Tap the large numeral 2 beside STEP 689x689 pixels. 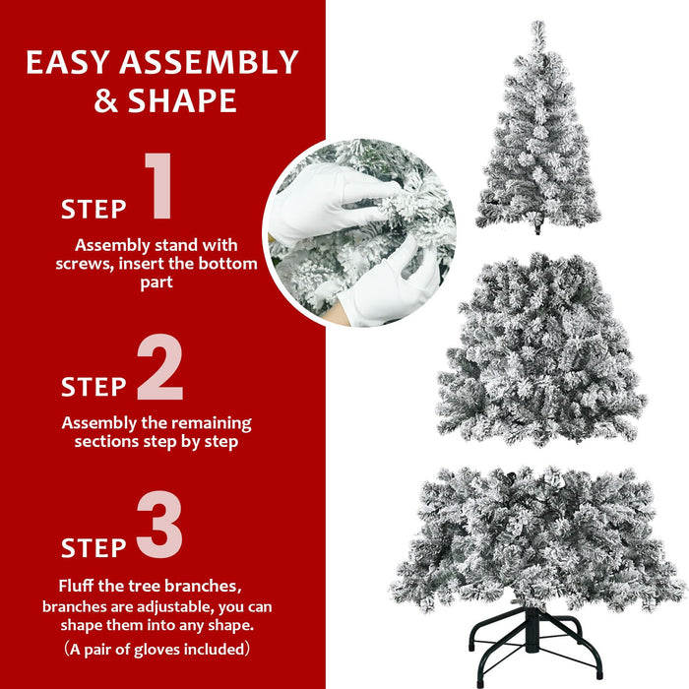coord(159,368)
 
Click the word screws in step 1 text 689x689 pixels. coord(85,264)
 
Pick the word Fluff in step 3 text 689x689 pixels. coord(80,585)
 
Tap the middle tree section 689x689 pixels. coord(539,349)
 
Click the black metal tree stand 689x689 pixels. coord(536,645)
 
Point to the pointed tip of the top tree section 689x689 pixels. coord(537,28)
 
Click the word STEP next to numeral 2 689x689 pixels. coord(94,387)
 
